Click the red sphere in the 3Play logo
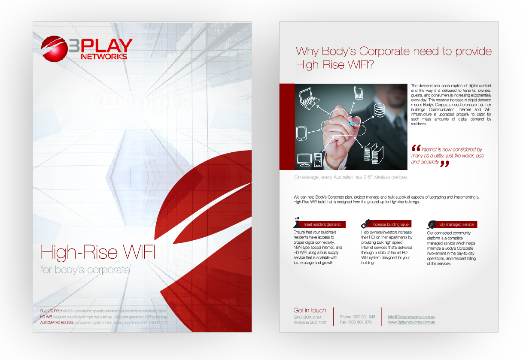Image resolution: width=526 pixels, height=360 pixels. point(54,47)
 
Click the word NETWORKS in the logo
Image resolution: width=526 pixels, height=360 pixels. point(103,56)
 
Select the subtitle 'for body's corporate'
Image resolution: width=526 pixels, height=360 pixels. point(85,270)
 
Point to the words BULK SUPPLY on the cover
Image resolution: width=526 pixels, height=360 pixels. point(51,310)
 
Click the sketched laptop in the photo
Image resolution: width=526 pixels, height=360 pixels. point(309,98)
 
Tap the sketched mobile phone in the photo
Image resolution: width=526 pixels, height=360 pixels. point(359,92)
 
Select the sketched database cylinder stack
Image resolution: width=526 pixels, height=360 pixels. point(380,111)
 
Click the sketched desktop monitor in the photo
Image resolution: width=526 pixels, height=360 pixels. point(304,157)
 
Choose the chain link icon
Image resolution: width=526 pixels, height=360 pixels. point(365,224)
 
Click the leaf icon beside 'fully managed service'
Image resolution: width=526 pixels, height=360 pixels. point(432,224)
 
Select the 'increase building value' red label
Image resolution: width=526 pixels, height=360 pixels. point(390,224)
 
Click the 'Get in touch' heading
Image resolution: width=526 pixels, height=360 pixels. point(310,310)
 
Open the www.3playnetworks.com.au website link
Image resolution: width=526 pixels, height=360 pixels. point(411,322)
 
